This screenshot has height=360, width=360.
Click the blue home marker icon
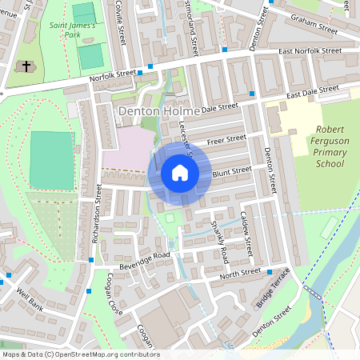point(180,173)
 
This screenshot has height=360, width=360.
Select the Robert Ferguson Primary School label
point(318,146)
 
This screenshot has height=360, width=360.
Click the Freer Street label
point(226,140)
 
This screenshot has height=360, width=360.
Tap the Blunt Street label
point(233,170)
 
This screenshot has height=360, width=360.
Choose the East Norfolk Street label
point(310,52)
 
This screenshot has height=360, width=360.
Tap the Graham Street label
point(314,26)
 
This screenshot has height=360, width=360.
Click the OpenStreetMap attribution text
point(80,354)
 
